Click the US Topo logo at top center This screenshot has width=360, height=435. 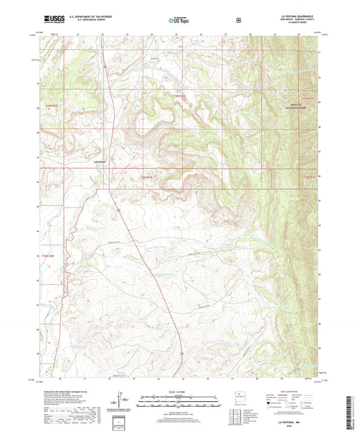tap(179, 21)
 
